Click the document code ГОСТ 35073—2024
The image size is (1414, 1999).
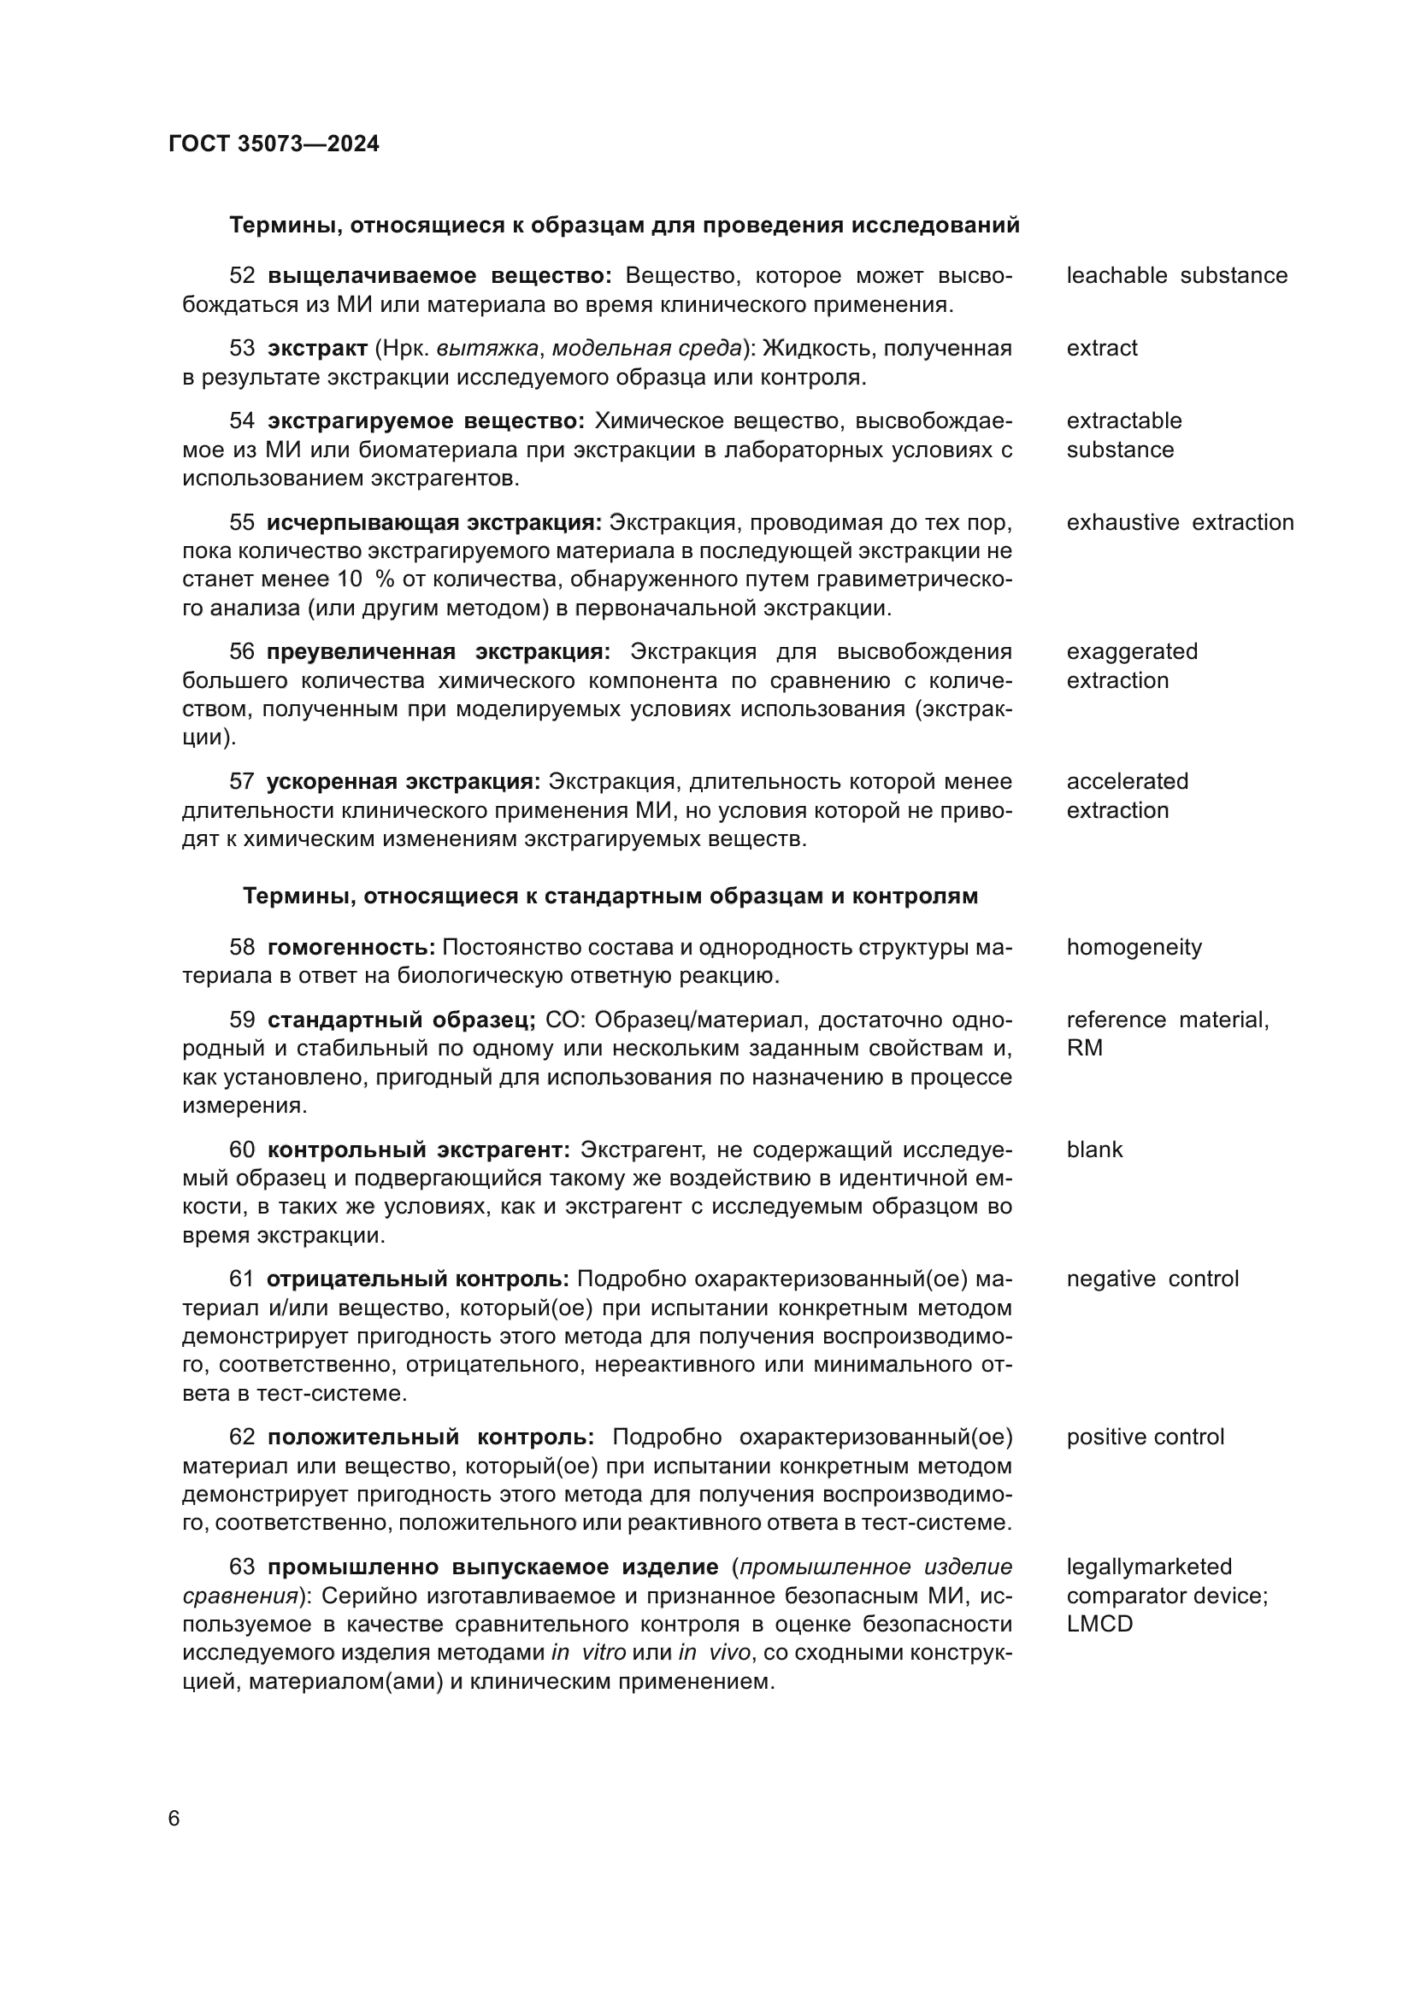pyautogui.click(x=274, y=144)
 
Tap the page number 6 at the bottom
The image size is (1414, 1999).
pyautogui.click(x=174, y=1819)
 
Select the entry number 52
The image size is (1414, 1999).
pyautogui.click(x=242, y=276)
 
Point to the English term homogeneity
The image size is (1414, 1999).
pyautogui.click(x=1134, y=947)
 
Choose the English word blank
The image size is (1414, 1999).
pyautogui.click(x=1094, y=1150)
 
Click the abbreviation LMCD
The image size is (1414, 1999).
pyautogui.click(x=1099, y=1625)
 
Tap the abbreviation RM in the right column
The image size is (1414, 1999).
pyautogui.click(x=1084, y=1049)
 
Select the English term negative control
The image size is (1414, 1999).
pyautogui.click(x=1152, y=1279)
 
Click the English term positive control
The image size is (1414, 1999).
pyautogui.click(x=1145, y=1437)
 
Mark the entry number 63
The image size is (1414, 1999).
pyautogui.click(x=242, y=1567)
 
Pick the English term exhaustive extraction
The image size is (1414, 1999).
pyautogui.click(x=1180, y=522)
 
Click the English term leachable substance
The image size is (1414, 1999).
pyautogui.click(x=1176, y=276)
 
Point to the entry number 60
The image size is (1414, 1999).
pyautogui.click(x=242, y=1150)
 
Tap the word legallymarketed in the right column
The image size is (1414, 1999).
pyautogui.click(x=1149, y=1567)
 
